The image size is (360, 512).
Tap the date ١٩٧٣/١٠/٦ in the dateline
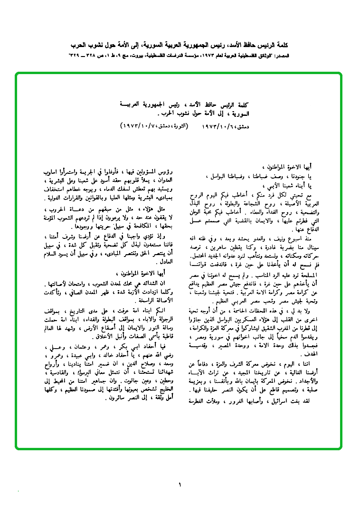pos(219,127)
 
